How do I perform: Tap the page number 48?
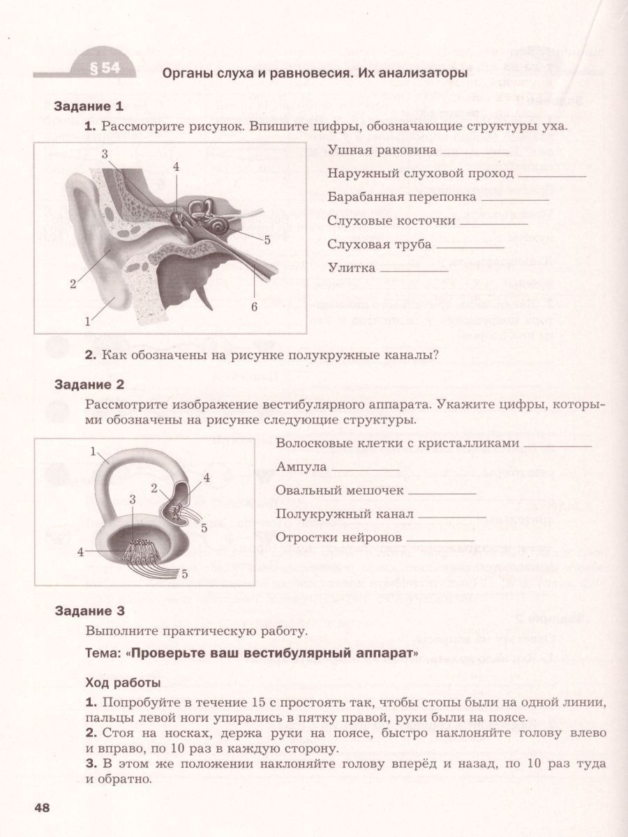click(x=41, y=807)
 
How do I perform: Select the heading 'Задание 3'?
click(x=89, y=612)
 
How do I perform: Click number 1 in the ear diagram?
click(x=88, y=322)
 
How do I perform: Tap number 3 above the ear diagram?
click(x=104, y=153)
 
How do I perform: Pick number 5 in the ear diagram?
click(x=267, y=239)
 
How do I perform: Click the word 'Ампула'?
click(x=298, y=467)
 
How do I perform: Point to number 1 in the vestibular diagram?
click(x=93, y=451)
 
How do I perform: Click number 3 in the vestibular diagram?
click(x=133, y=498)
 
